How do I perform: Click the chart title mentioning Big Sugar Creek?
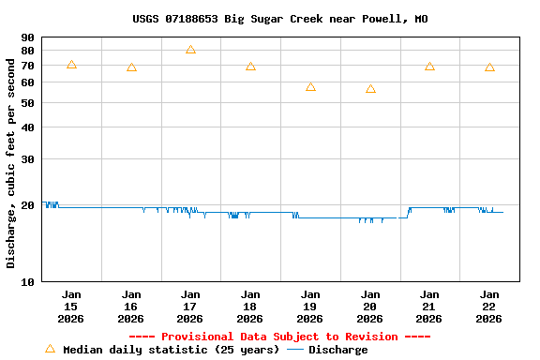click(x=279, y=19)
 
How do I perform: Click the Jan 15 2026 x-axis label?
click(x=71, y=307)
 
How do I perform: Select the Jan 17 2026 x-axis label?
click(x=190, y=307)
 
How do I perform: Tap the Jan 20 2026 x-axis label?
click(x=370, y=307)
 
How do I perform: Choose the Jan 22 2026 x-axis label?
click(x=489, y=307)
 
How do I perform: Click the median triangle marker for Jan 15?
click(x=71, y=65)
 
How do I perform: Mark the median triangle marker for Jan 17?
click(x=190, y=50)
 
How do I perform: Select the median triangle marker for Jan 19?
click(x=310, y=87)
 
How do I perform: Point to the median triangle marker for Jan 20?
click(x=370, y=89)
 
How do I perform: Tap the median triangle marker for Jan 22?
click(x=489, y=67)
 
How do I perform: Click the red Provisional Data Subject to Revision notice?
click(x=279, y=337)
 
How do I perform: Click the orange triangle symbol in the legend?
click(x=50, y=349)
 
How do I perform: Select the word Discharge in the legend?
click(x=337, y=350)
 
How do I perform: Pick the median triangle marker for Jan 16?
click(x=131, y=67)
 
